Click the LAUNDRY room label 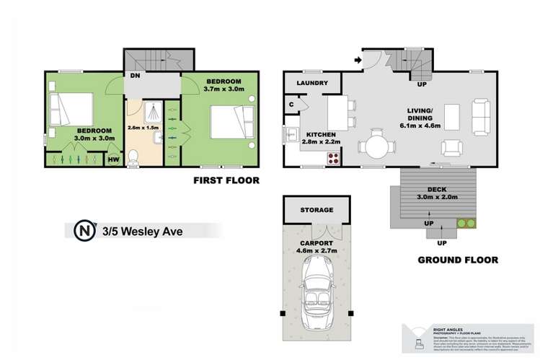point(312,84)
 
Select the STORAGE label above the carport point(317,210)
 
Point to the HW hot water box point(113,160)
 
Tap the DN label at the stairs point(135,75)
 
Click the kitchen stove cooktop point(334,158)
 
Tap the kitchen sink point(292,135)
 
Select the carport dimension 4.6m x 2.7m point(317,251)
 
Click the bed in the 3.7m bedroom point(230,120)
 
